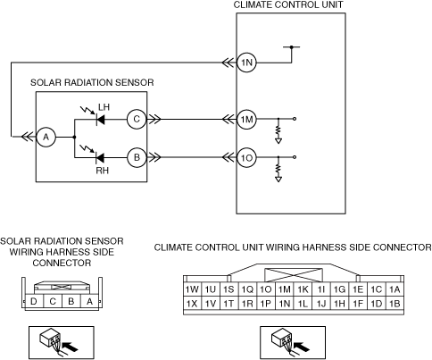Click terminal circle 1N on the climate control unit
[246, 63]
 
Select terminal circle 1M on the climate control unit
[246, 119]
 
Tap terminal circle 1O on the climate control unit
[246, 157]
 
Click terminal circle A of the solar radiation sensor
[46, 137]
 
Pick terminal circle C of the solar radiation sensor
[137, 119]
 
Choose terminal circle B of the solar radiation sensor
[137, 157]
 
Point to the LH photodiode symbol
[100, 119]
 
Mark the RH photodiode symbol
[100, 157]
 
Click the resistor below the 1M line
[278, 130]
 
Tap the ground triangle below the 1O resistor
[278, 180]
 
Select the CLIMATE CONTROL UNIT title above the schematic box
[288, 4]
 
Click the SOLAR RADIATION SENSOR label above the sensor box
[92, 82]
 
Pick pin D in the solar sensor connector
[34, 302]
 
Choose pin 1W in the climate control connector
[192, 289]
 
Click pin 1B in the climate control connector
[395, 304]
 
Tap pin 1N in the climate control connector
[285, 304]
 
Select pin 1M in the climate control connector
[285, 289]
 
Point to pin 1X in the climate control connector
[192, 304]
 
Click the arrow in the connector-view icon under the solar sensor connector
[71, 347]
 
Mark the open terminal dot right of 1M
[295, 119]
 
